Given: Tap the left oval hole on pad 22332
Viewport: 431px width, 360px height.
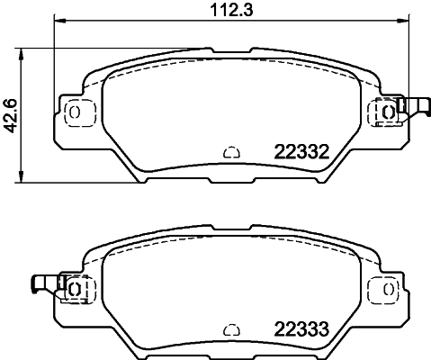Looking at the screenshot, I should pos(74,112).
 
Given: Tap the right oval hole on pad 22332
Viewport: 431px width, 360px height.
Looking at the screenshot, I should pos(388,112).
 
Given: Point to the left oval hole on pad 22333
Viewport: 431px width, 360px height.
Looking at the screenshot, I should pos(74,288).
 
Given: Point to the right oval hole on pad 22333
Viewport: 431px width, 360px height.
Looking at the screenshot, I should pos(388,288).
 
